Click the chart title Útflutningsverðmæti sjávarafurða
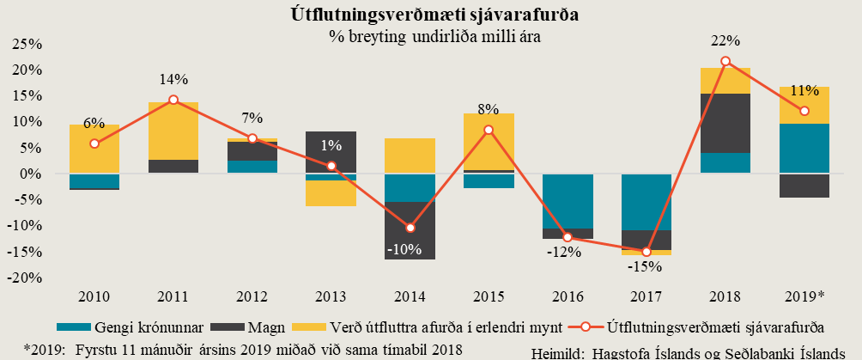pyautogui.click(x=431, y=15)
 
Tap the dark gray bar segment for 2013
pyautogui.click(x=331, y=150)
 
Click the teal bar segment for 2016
pyautogui.click(x=568, y=201)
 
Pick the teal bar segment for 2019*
pyautogui.click(x=804, y=148)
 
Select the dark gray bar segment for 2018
pyautogui.click(x=725, y=122)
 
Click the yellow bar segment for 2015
pyautogui.click(x=489, y=141)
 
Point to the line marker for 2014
pyautogui.click(x=410, y=228)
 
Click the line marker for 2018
pyautogui.click(x=725, y=61)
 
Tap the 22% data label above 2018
pyautogui.click(x=725, y=41)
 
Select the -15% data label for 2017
pyautogui.click(x=646, y=266)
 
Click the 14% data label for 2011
pyautogui.click(x=173, y=80)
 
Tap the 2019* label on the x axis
pyautogui.click(x=804, y=296)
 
